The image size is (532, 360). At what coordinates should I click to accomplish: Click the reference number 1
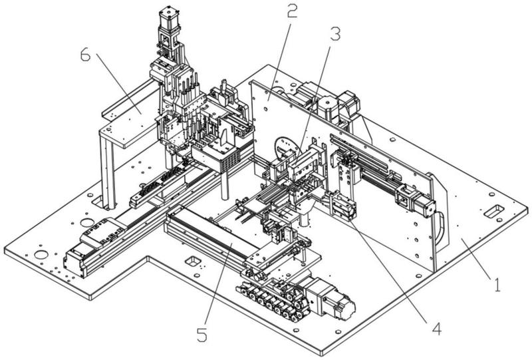click(x=497, y=285)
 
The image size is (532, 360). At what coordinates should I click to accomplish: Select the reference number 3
click(x=335, y=34)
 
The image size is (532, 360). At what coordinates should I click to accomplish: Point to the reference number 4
click(x=437, y=329)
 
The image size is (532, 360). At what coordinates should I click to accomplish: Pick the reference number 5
click(x=202, y=335)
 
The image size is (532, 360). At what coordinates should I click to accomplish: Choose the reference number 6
click(x=86, y=55)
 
